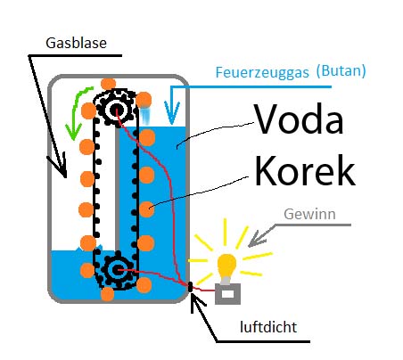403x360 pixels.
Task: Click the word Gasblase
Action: [76, 43]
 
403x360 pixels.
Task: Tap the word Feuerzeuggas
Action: [262, 73]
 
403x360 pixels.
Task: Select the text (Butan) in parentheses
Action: [341, 71]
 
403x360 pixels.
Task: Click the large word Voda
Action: [299, 119]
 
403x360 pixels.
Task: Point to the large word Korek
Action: [305, 170]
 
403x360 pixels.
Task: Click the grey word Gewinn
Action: [309, 214]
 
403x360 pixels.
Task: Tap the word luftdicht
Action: [268, 327]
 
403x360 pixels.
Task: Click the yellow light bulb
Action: [227, 266]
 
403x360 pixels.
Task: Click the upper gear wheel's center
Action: [116, 110]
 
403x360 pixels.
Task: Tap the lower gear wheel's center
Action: [118, 270]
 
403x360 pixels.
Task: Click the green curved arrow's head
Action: [73, 132]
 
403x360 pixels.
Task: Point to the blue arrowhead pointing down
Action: [172, 113]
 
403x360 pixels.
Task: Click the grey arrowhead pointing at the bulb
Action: [256, 239]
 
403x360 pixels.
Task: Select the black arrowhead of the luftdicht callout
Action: [197, 302]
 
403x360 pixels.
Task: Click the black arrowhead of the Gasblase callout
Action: [59, 167]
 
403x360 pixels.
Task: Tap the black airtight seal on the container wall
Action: [190, 286]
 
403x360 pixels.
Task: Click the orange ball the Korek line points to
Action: [147, 209]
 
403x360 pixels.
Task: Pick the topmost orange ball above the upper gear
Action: [108, 85]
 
